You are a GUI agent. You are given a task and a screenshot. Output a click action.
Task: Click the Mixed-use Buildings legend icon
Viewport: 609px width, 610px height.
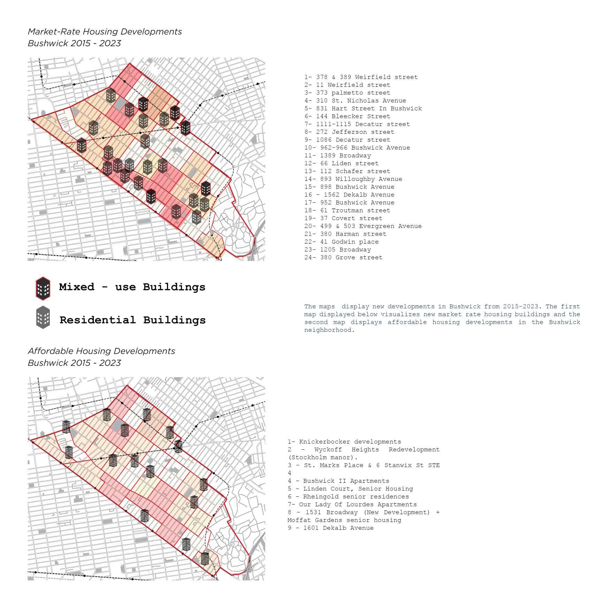[x=43, y=288]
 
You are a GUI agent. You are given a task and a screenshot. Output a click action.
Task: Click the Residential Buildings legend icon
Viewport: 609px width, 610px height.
[x=43, y=318]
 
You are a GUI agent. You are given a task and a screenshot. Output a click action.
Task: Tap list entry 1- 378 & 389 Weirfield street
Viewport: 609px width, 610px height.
[x=361, y=77]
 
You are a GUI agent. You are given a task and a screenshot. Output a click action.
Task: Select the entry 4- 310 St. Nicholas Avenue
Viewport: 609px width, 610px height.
[x=355, y=101]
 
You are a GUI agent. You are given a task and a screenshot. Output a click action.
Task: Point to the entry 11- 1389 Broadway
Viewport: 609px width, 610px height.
[x=337, y=155]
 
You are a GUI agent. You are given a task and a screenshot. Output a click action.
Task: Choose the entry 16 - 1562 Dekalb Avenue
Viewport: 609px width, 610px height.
[x=349, y=195]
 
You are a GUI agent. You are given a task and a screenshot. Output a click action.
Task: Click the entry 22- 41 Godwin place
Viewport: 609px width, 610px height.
[x=341, y=242]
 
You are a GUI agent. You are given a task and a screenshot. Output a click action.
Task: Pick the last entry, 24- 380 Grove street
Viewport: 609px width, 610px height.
[x=343, y=258]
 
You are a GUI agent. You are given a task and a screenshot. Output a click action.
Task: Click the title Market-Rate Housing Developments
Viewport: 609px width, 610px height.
[x=105, y=32]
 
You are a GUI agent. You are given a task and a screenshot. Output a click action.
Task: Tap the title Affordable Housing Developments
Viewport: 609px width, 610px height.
[x=101, y=351]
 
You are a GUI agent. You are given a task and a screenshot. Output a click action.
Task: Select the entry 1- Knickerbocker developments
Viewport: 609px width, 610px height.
[x=344, y=442]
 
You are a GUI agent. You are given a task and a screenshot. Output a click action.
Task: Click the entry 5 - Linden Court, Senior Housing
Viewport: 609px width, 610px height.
[x=350, y=489]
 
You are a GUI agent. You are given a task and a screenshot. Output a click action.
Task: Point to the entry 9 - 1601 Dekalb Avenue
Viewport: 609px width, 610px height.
[x=330, y=528]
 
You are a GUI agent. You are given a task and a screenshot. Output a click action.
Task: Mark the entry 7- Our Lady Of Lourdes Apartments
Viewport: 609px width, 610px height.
[x=352, y=505]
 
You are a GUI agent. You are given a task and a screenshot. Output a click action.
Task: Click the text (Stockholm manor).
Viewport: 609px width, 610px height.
[x=322, y=458]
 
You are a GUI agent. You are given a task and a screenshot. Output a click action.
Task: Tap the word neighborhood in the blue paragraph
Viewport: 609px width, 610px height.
[x=328, y=330]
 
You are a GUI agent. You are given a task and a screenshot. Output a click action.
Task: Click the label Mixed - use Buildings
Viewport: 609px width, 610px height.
[x=132, y=287]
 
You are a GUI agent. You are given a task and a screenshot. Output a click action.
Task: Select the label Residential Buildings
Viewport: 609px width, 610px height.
[x=132, y=320]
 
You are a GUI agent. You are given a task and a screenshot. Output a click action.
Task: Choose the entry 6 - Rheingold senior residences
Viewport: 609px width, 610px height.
[x=348, y=497]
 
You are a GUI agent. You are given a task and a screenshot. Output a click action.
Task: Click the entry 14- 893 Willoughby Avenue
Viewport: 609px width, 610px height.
[x=353, y=179]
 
